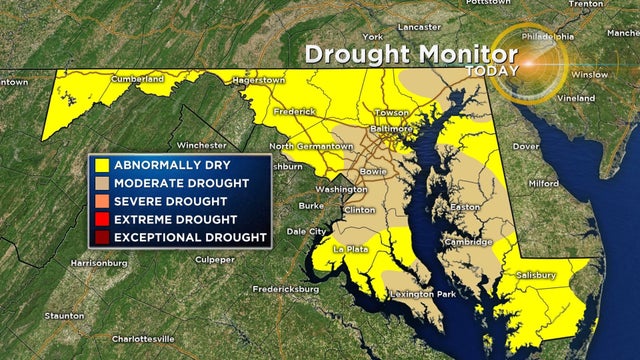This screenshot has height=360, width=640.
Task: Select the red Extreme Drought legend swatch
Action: [x=101, y=219]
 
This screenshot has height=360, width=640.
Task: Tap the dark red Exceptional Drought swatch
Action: [x=101, y=237]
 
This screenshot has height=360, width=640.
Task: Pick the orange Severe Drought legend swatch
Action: [x=101, y=201]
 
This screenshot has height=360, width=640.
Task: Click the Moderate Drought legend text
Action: [x=181, y=183]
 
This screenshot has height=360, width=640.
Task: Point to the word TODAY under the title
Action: [x=492, y=71]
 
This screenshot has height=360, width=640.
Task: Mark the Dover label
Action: [x=527, y=146]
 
